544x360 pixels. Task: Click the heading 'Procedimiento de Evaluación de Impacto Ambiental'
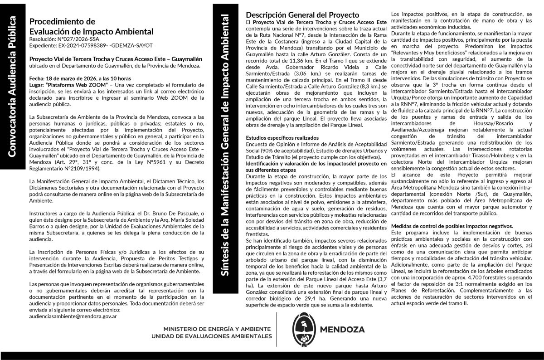click(x=91, y=27)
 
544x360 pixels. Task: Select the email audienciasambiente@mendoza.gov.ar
click(x=73, y=316)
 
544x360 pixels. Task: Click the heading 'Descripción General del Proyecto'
click(x=302, y=15)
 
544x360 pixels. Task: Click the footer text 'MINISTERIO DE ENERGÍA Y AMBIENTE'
click(x=218, y=328)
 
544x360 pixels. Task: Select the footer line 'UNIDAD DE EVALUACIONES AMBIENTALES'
click(x=212, y=336)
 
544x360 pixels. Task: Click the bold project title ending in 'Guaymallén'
click(x=116, y=59)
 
